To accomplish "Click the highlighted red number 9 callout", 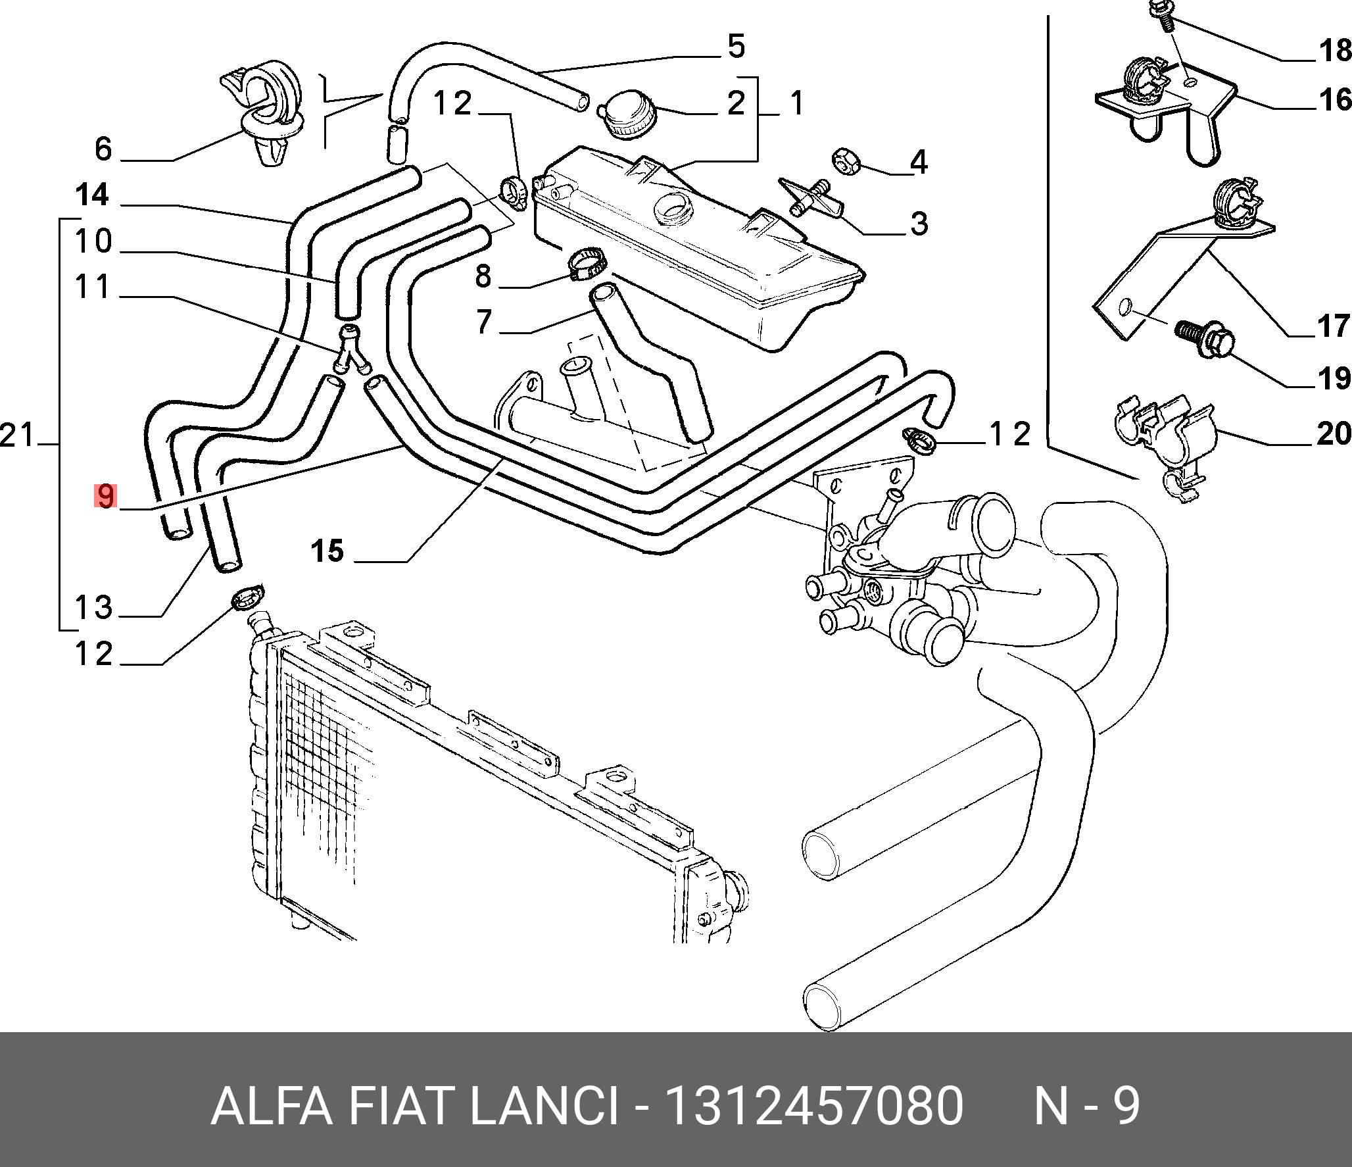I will [105, 496].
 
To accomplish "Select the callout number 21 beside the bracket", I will [17, 435].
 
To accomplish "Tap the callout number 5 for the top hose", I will [736, 47].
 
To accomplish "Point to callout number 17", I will [1334, 326].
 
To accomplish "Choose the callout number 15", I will [327, 551].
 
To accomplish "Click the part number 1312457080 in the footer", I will [814, 1106].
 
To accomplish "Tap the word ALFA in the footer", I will [271, 1106].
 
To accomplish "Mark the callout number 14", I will [92, 195].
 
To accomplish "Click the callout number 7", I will [484, 322].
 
